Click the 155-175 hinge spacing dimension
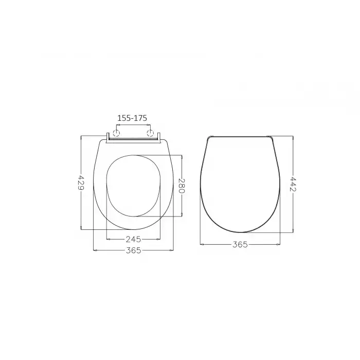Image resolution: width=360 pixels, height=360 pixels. pyautogui.click(x=133, y=118)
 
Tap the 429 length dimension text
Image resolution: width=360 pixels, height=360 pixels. pyautogui.click(x=81, y=182)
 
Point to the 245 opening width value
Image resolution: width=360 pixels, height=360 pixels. pyautogui.click(x=133, y=239)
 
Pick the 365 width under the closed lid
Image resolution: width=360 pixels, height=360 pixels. pyautogui.click(x=240, y=244)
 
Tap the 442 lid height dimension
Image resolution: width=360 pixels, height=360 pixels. pyautogui.click(x=293, y=184)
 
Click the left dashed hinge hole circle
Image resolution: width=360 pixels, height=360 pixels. pyautogui.click(x=116, y=134)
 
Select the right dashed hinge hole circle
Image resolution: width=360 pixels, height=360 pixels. pyautogui.click(x=151, y=134)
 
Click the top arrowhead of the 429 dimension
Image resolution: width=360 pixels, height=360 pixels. pyautogui.click(x=81, y=137)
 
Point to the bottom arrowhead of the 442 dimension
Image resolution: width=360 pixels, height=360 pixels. pyautogui.click(x=293, y=231)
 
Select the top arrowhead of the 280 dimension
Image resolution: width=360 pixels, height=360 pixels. pyautogui.click(x=182, y=156)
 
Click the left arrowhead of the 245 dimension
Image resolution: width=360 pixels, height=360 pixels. pyautogui.click(x=107, y=239)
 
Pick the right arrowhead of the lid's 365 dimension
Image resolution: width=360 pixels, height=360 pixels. pyautogui.click(x=279, y=244)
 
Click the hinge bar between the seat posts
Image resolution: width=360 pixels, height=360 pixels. pyautogui.click(x=134, y=138)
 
